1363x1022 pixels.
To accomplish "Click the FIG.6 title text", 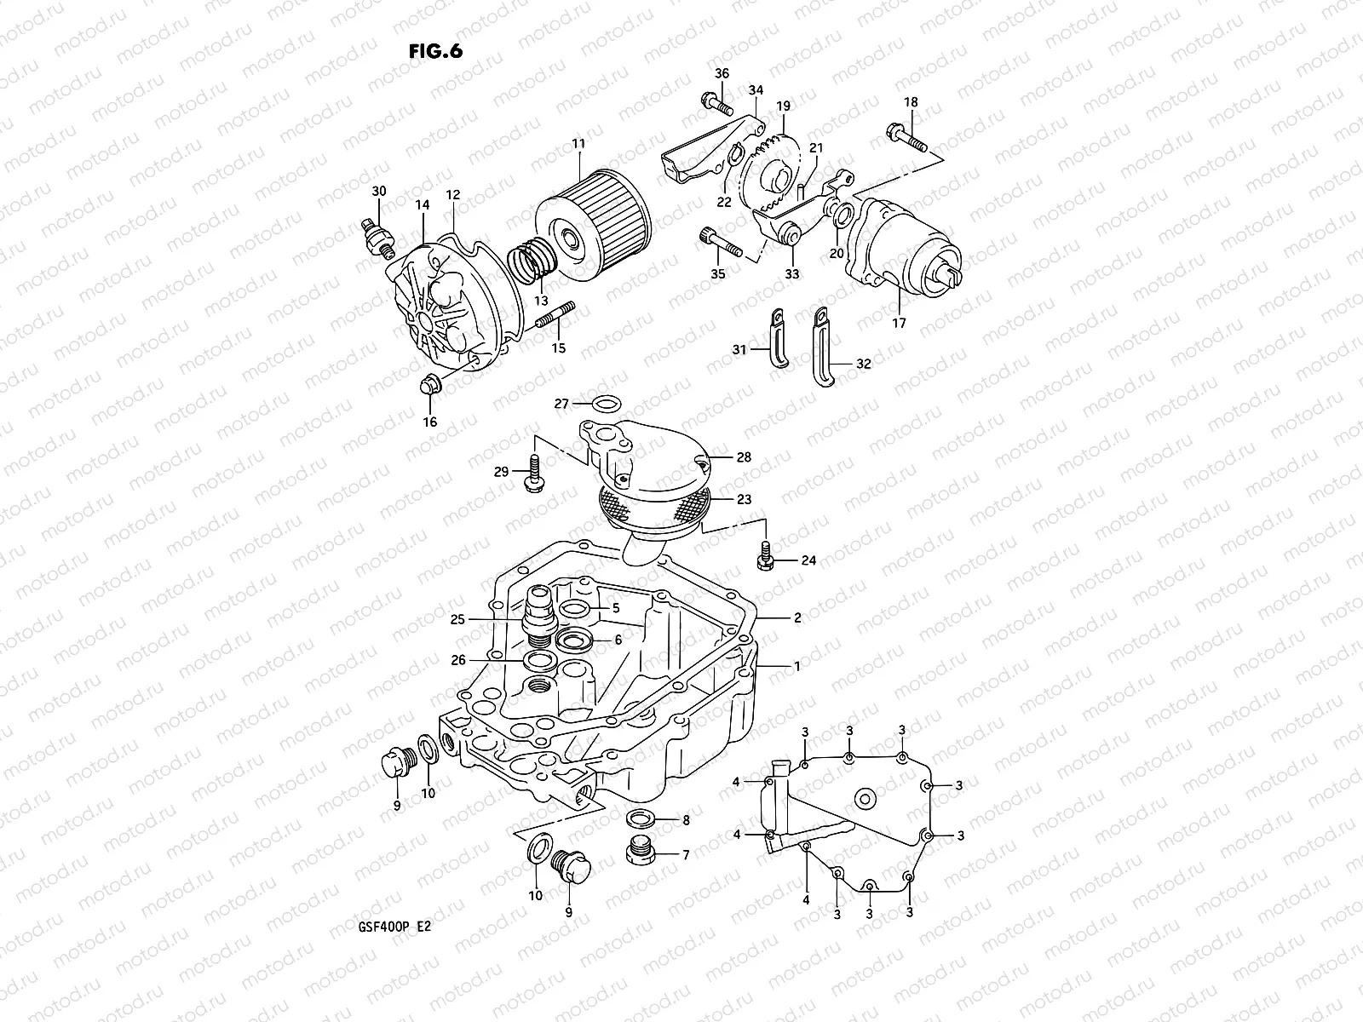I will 435,50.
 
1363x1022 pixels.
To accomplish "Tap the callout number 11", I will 578,144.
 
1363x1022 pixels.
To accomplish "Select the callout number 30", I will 379,192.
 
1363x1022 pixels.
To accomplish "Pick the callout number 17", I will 900,323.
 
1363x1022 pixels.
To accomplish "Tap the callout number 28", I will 744,457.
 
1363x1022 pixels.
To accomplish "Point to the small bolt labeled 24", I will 766,556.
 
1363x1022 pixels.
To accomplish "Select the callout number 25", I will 458,620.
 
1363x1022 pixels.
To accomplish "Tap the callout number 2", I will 797,618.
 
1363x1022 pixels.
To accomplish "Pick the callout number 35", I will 718,274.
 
